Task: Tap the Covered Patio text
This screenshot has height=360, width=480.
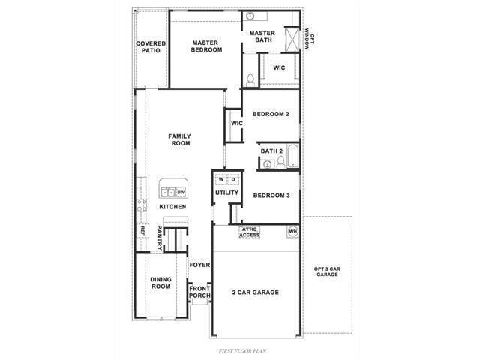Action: coord(151,47)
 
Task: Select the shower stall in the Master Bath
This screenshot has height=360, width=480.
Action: coord(292,38)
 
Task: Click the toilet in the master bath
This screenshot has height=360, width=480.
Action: coord(250,78)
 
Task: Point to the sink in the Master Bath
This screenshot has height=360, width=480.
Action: coord(250,16)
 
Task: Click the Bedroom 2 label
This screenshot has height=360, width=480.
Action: coord(271,115)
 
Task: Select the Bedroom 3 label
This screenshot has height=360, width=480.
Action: coord(271,196)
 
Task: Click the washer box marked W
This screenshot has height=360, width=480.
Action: coord(221,180)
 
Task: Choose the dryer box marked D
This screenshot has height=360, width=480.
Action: coord(233,180)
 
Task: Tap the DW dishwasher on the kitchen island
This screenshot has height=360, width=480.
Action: coord(181,193)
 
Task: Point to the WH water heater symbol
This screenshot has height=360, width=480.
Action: coord(292,232)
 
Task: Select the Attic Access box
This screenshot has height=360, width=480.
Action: coord(250,232)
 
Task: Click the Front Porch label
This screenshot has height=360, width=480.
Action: coord(199,291)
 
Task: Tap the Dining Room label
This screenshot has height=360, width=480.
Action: coord(160,283)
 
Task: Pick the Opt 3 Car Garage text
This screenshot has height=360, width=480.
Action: coord(327,271)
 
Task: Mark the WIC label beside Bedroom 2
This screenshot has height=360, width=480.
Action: coord(236,124)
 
